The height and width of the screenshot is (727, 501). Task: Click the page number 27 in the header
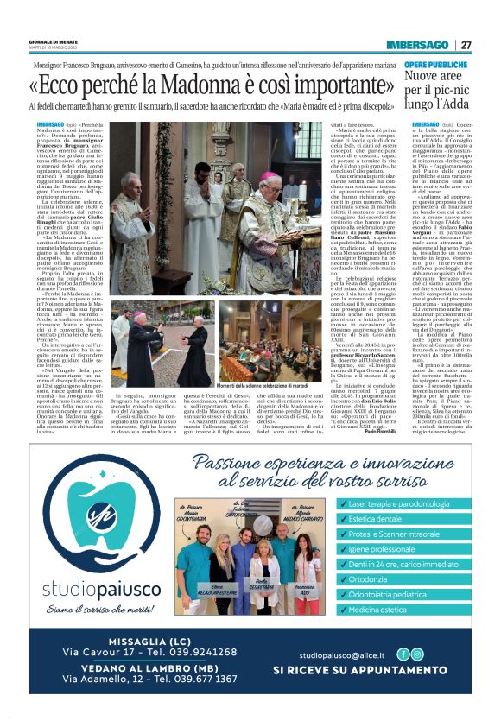tap(466, 45)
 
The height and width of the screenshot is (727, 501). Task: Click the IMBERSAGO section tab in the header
tap(418, 45)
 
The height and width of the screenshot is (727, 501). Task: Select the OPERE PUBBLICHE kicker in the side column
tap(435, 65)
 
